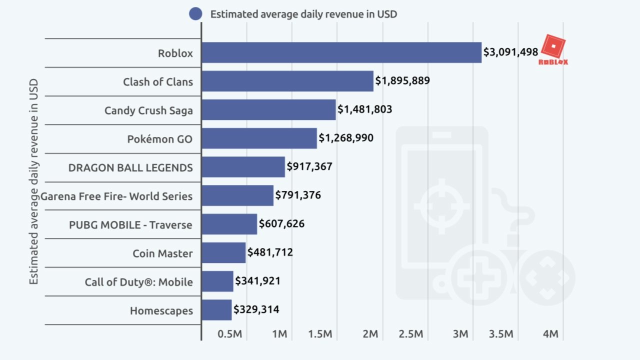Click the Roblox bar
(341, 52)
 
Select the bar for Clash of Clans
(287, 81)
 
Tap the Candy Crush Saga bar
(268, 109)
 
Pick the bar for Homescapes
(216, 310)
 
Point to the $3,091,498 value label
(510, 51)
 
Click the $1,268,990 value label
(346, 137)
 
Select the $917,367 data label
(309, 166)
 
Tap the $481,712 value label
(270, 252)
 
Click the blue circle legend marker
(195, 14)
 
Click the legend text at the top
(303, 14)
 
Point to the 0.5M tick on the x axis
(230, 334)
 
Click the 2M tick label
(370, 334)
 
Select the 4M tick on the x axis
(550, 334)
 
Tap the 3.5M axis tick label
(501, 334)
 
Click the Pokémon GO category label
(159, 139)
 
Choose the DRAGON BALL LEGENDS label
(130, 167)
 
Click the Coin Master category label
(162, 253)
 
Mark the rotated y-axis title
(33, 181)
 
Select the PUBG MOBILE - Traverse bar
(229, 224)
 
